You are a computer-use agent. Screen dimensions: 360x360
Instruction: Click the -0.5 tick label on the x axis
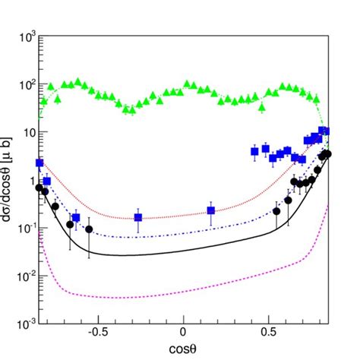(x=96, y=332)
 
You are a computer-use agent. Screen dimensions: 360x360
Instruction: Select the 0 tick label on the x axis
(x=183, y=332)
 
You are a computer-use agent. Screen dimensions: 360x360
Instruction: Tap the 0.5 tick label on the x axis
(x=268, y=332)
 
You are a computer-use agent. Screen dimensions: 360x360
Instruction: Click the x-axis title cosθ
(x=182, y=349)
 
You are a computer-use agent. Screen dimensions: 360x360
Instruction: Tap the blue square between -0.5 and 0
(x=138, y=218)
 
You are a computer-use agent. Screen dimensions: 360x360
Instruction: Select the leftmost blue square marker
(x=39, y=163)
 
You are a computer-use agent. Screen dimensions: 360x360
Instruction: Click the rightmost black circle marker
(x=327, y=153)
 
